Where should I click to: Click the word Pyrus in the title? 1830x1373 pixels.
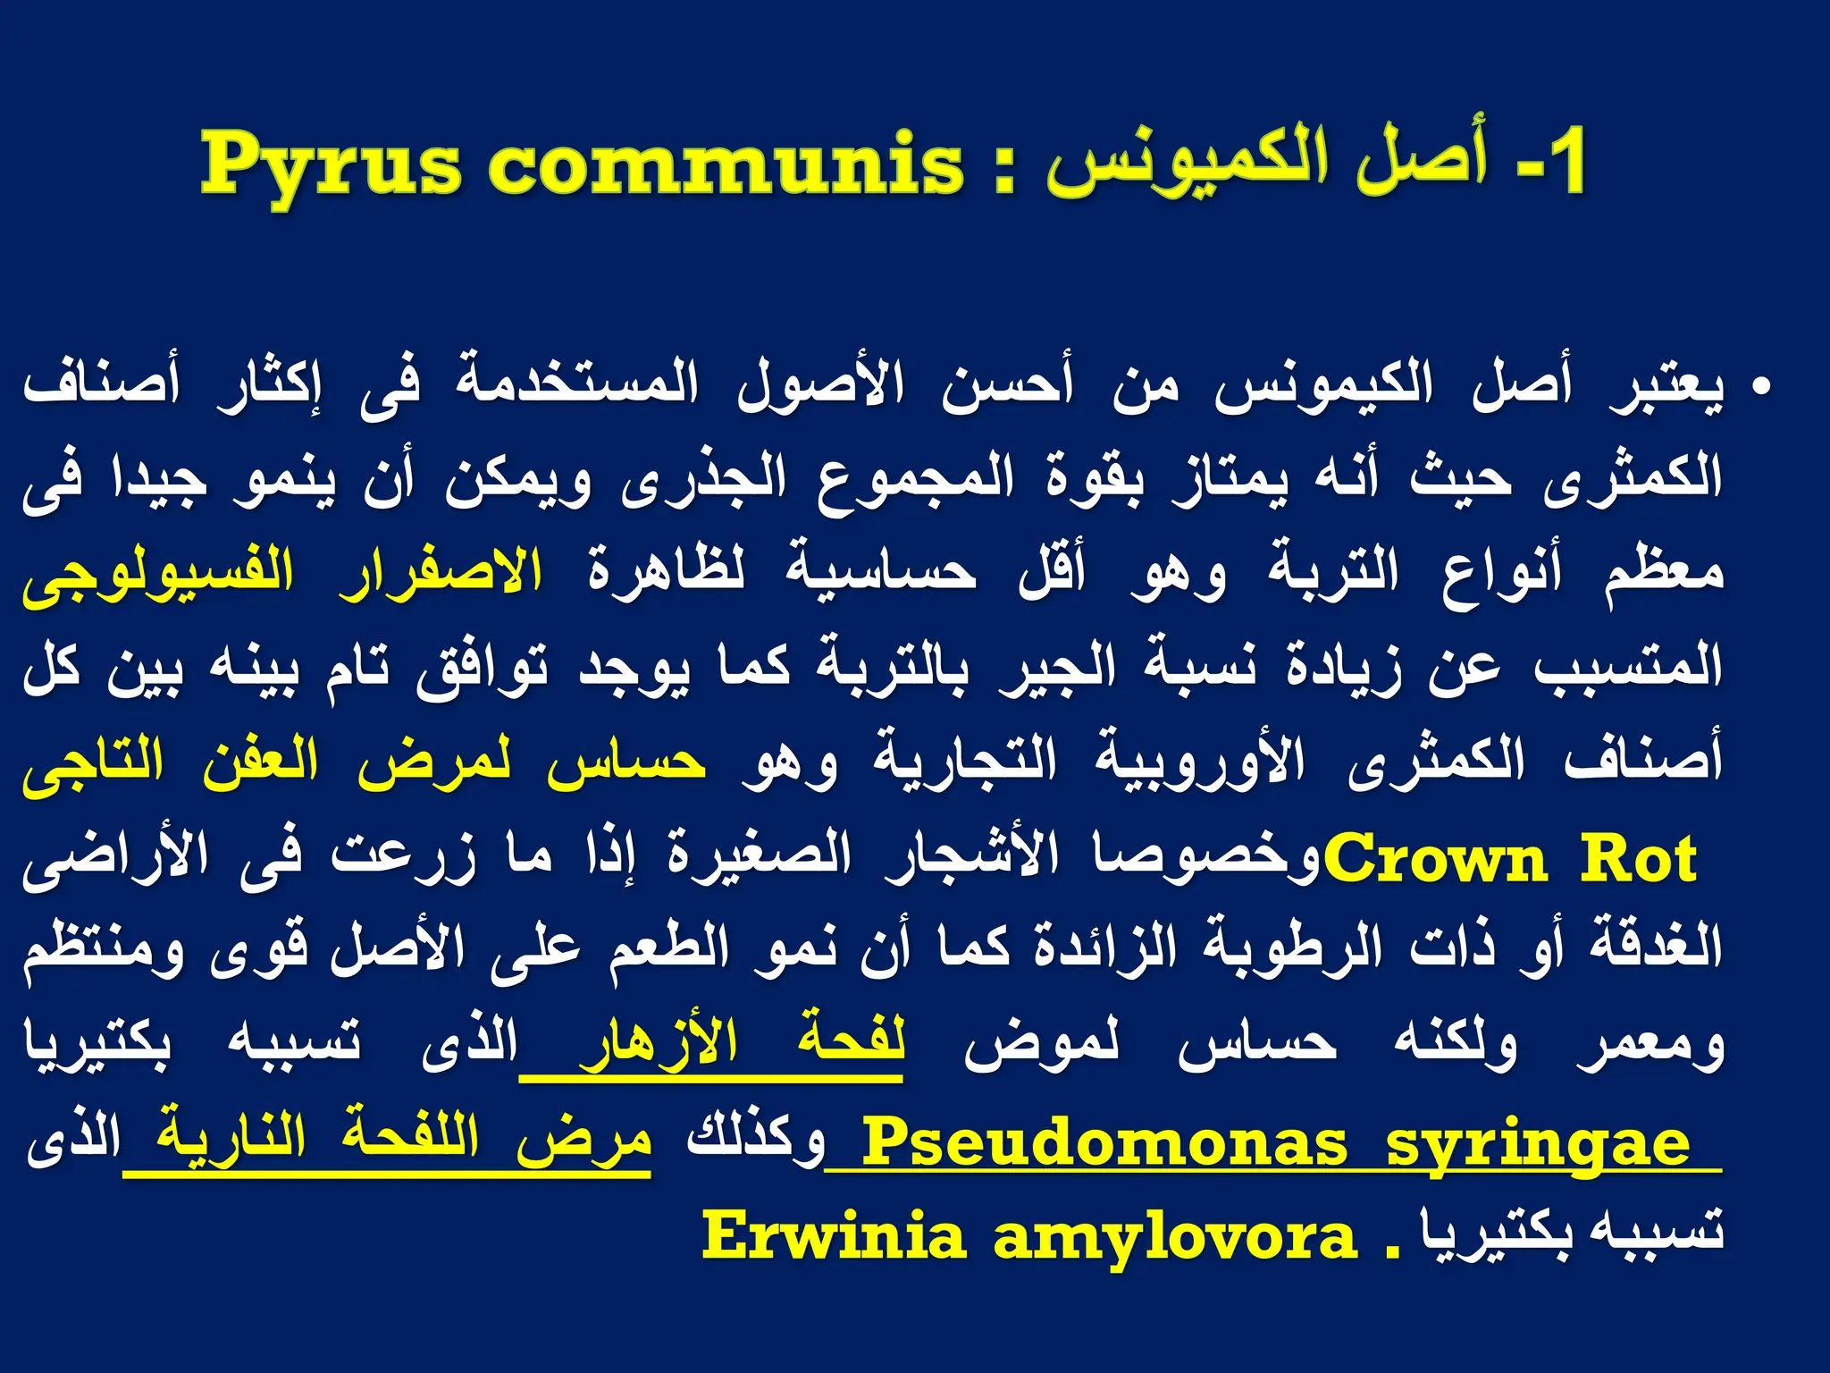coord(331,166)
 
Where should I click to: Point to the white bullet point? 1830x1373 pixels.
coord(1761,388)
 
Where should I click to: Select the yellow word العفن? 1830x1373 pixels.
coord(260,762)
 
